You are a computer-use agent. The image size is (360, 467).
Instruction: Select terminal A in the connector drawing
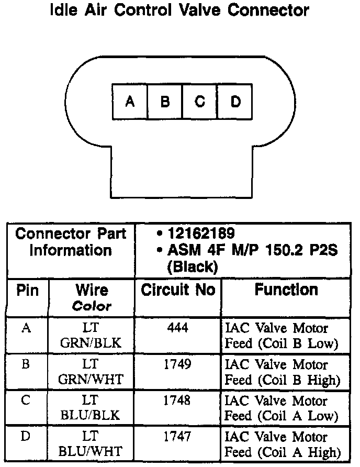[x=130, y=102]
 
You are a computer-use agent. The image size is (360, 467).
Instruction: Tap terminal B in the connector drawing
[x=165, y=102]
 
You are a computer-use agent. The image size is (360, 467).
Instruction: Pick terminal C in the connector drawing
[x=199, y=102]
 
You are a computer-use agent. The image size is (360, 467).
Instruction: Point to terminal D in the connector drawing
[x=234, y=102]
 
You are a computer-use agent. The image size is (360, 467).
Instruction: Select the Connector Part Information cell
[x=71, y=242]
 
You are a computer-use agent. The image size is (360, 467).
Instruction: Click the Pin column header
[x=28, y=291]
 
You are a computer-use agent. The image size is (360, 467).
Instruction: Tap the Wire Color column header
[x=92, y=297]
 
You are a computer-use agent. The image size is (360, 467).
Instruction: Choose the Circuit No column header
[x=178, y=291]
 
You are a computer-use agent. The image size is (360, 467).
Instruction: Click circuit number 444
[x=178, y=328]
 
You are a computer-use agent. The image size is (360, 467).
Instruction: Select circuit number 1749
[x=178, y=364]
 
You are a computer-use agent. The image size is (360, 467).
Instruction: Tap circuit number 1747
[x=178, y=436]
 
